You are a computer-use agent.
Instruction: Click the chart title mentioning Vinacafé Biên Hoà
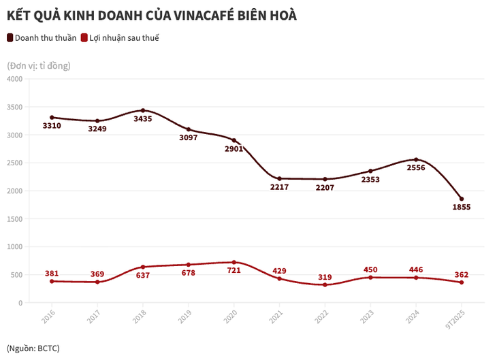[x=151, y=14]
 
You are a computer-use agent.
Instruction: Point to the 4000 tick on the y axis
[x=14, y=79]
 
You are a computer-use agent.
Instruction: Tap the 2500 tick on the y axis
[x=14, y=163]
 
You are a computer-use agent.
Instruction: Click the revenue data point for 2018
[x=143, y=110]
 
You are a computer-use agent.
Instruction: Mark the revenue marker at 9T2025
[x=462, y=199]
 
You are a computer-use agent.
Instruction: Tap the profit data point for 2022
[x=325, y=284]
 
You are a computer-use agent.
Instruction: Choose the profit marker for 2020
[x=234, y=262]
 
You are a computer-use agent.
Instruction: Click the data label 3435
[x=143, y=119]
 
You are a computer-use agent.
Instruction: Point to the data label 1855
[x=462, y=208]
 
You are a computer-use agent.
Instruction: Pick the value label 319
[x=325, y=276]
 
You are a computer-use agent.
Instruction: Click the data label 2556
[x=416, y=168]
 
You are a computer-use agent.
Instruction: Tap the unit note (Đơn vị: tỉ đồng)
[x=39, y=65]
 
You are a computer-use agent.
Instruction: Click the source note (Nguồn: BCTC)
[x=33, y=348]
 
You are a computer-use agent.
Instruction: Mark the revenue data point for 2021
[x=280, y=178]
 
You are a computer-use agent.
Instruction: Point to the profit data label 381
[x=52, y=273]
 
